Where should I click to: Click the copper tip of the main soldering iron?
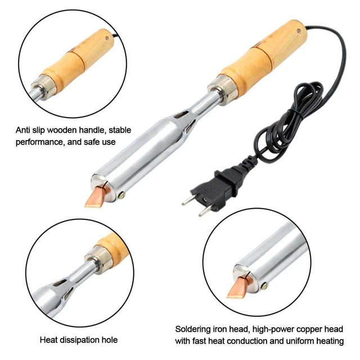pos(94,197)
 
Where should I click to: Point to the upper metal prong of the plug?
pos(188,200)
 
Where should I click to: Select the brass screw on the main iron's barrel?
pos(121,195)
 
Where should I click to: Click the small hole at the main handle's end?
pos(299,31)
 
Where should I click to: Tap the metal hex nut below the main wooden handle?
pos(222,89)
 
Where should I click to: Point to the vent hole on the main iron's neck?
pos(181,114)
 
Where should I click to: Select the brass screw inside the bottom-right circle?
pos(265,286)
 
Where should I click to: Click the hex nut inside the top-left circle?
pos(43,87)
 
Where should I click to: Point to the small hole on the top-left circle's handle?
pos(107,39)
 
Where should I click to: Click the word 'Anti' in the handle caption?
pos(22,130)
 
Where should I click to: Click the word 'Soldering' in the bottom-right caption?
pos(191,329)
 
